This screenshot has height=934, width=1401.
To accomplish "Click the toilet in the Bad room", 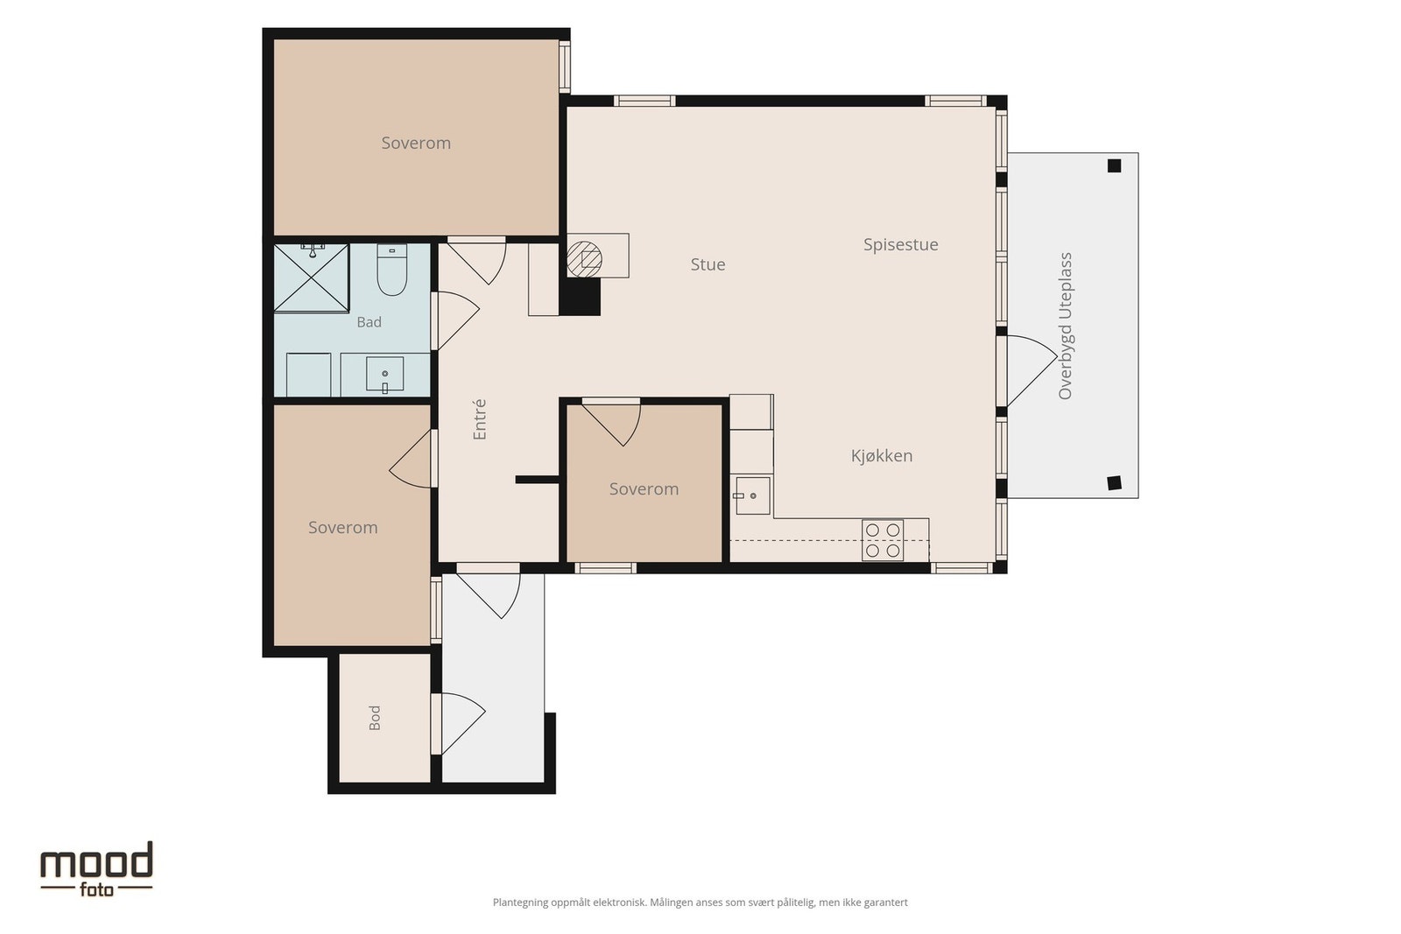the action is [392, 270].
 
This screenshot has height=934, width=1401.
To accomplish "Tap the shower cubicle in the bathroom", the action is [312, 277].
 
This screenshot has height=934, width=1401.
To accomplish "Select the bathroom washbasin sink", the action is [384, 375].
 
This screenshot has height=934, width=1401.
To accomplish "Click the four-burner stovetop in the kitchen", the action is [883, 539].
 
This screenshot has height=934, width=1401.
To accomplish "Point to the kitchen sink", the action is [752, 495].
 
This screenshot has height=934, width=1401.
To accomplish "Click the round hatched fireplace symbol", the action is [584, 259].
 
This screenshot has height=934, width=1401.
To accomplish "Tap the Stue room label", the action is [708, 264].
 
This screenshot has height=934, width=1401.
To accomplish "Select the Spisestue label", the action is [901, 245].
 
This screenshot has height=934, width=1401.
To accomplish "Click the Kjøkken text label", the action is [882, 456].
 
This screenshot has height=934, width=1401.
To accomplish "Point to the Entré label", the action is [480, 419].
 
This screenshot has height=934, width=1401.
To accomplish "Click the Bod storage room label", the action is [375, 718].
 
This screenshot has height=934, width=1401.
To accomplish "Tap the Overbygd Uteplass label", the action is [1065, 326].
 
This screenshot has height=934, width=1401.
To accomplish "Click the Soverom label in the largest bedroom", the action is [416, 144].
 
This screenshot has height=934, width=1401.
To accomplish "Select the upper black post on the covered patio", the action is [1114, 165].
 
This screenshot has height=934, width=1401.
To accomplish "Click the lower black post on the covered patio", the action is [1114, 483].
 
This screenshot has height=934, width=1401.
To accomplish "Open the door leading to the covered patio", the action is [1031, 370].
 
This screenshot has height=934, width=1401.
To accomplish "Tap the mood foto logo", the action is [97, 869].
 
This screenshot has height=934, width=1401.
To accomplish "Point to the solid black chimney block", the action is [580, 297].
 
